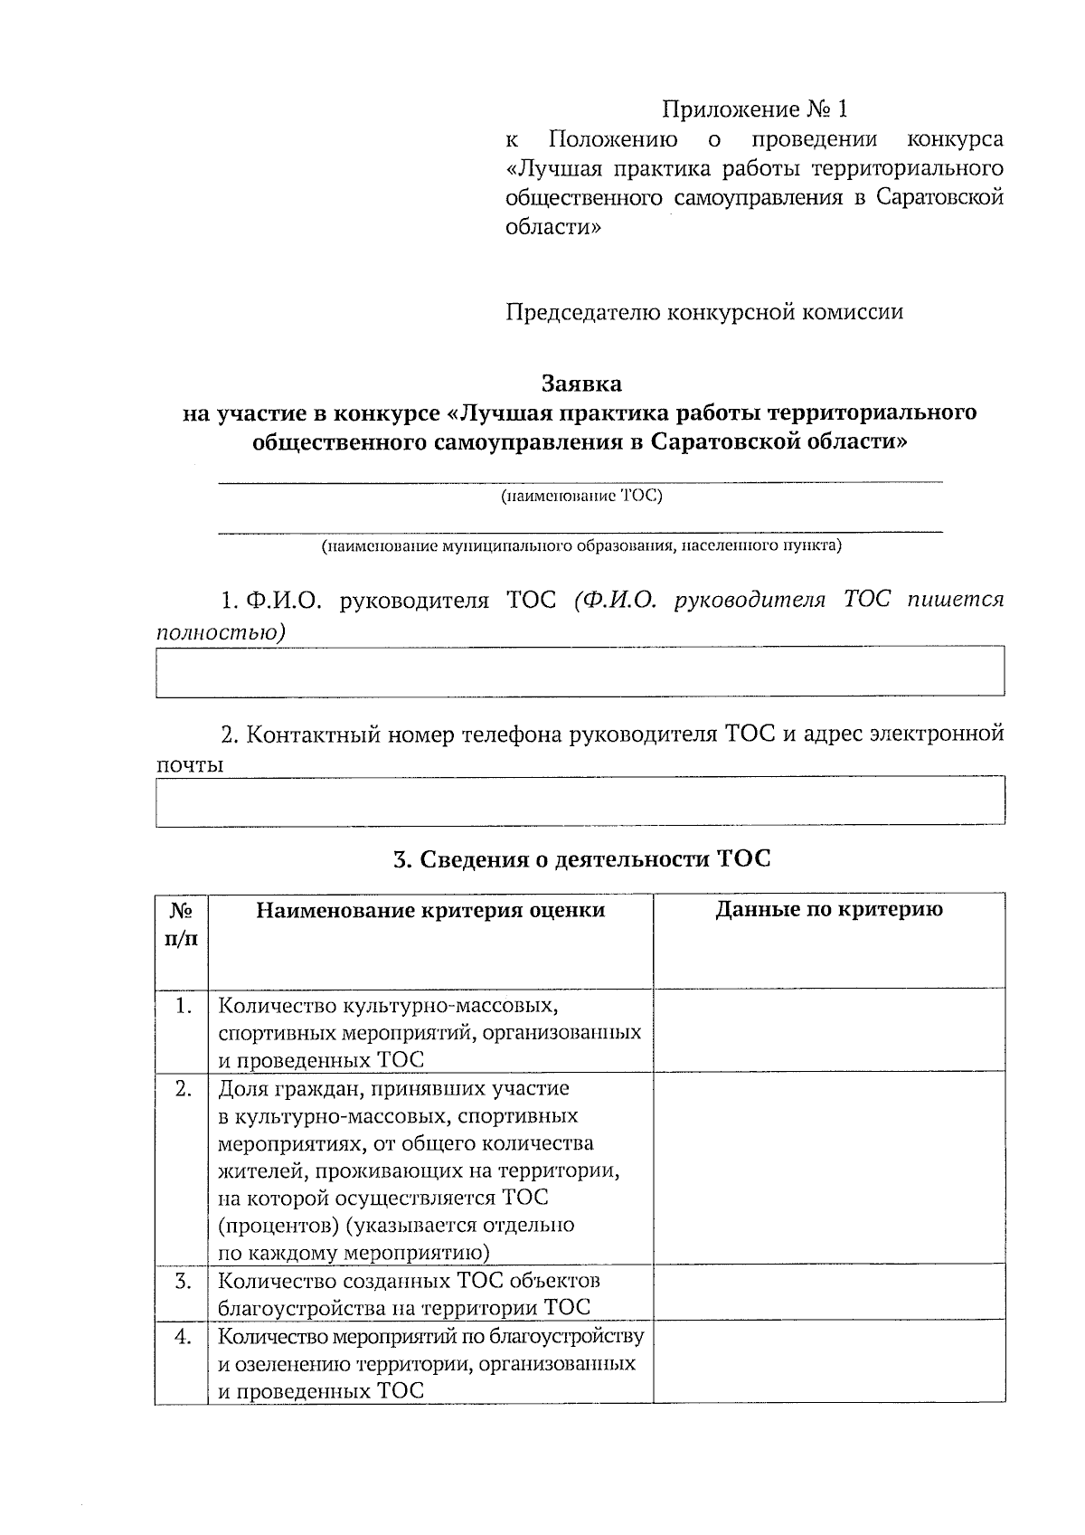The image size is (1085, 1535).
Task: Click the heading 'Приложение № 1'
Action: tap(756, 110)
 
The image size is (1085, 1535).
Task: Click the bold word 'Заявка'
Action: tap(581, 384)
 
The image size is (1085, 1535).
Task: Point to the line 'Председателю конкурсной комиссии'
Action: tap(704, 312)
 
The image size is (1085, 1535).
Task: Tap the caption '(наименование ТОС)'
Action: tap(581, 496)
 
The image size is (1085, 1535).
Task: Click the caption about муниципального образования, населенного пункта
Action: tap(581, 546)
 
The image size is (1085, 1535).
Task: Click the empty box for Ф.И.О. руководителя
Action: tap(580, 671)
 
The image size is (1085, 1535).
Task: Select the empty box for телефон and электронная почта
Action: tap(580, 801)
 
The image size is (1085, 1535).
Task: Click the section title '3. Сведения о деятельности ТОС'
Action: tap(581, 858)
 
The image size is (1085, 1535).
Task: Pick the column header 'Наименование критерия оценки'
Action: tap(430, 911)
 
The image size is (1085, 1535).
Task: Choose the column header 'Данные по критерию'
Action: tap(829, 910)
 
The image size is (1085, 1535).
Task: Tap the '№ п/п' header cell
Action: tap(182, 924)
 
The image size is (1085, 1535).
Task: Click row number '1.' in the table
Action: tap(184, 1006)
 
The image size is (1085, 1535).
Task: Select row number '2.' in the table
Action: tap(184, 1089)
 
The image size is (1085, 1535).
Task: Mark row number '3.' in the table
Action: tap(184, 1281)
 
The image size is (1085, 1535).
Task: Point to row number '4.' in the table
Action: tap(184, 1337)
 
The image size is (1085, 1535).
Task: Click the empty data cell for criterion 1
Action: tap(829, 1030)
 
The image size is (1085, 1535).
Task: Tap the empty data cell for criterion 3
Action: tap(829, 1293)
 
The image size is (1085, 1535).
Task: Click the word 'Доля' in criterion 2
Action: tap(244, 1089)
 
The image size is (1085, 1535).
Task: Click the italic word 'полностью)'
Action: tap(220, 632)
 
